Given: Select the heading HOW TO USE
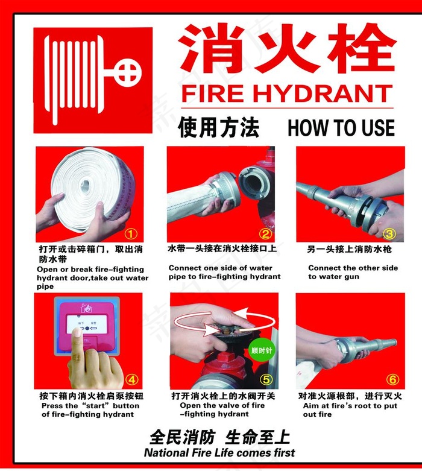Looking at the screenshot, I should coord(341,128).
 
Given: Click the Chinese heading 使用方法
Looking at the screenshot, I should coord(218,128).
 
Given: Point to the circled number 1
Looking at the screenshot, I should coord(131,233).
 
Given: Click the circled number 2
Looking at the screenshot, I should coord(266,233).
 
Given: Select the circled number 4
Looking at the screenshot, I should coord(131,379).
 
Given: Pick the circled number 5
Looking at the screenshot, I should coord(266,379).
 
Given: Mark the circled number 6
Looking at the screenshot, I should coord(392,379).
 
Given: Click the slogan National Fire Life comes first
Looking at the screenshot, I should coord(219,452).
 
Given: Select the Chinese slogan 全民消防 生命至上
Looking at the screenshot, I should coord(219,437).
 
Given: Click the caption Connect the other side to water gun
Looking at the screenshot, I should coord(353,272).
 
